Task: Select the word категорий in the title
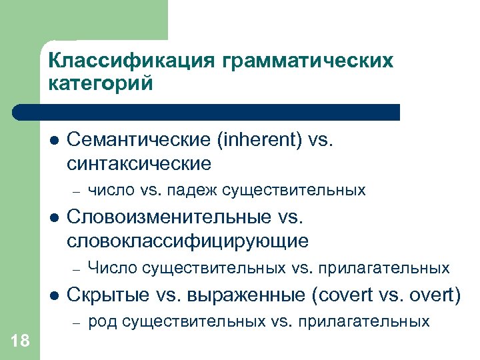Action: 101,84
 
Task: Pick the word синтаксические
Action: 139,163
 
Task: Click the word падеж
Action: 190,191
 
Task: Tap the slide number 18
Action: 21,341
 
